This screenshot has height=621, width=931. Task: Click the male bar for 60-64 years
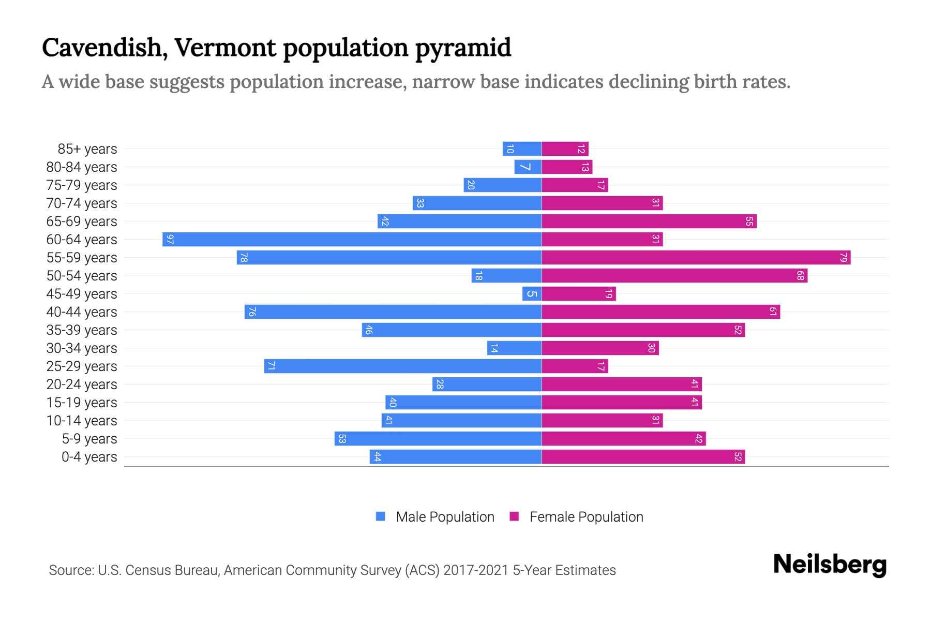(x=352, y=240)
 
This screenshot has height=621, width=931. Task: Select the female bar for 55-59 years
(x=696, y=258)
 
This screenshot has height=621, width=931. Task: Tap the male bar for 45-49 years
(x=532, y=294)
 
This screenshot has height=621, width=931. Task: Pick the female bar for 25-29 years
(x=575, y=366)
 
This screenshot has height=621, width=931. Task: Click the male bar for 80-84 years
(x=528, y=167)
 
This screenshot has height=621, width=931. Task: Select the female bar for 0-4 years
(x=643, y=457)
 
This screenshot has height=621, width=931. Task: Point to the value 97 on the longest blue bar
(x=170, y=240)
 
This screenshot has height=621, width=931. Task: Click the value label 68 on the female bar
(x=800, y=276)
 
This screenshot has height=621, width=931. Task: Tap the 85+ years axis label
(x=87, y=149)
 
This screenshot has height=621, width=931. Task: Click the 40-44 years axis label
(x=82, y=312)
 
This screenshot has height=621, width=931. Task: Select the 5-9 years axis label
(x=89, y=439)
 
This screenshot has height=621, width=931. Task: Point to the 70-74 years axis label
(x=82, y=203)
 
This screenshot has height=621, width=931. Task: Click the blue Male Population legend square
(x=381, y=516)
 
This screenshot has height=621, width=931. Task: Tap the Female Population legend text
(x=586, y=517)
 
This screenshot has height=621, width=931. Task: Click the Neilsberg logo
(x=830, y=565)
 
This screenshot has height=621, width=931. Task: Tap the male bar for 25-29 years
(x=402, y=366)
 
